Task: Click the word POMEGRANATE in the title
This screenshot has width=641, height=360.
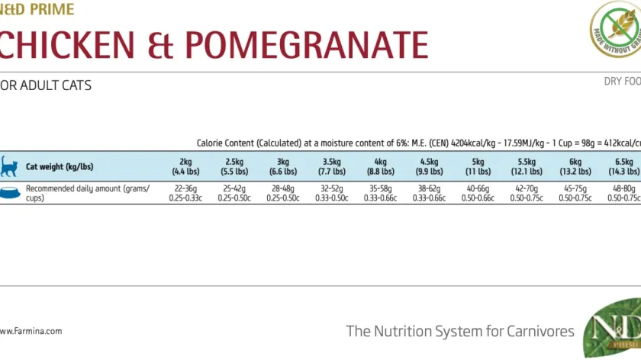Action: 307,45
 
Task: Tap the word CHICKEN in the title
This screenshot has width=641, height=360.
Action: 67,45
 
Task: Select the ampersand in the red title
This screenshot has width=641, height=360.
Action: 160,45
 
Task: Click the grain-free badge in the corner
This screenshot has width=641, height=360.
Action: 616,29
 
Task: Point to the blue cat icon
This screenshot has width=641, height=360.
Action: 9,166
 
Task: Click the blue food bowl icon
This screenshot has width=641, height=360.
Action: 10,193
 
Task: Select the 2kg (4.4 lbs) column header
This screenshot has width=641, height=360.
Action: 185,167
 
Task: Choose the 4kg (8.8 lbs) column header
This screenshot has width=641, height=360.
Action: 381,167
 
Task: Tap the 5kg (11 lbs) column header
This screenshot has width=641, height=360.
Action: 478,167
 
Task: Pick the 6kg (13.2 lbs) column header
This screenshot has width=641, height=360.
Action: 575,167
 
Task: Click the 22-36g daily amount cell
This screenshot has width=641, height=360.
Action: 185,193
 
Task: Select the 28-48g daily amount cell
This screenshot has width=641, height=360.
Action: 283,193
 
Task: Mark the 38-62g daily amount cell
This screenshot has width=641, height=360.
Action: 429,193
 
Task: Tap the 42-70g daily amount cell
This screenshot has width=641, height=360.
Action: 527,193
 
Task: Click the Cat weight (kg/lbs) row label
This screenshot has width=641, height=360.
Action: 60,167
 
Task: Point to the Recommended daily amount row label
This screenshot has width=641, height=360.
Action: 88,193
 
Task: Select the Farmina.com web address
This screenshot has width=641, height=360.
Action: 31,331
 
